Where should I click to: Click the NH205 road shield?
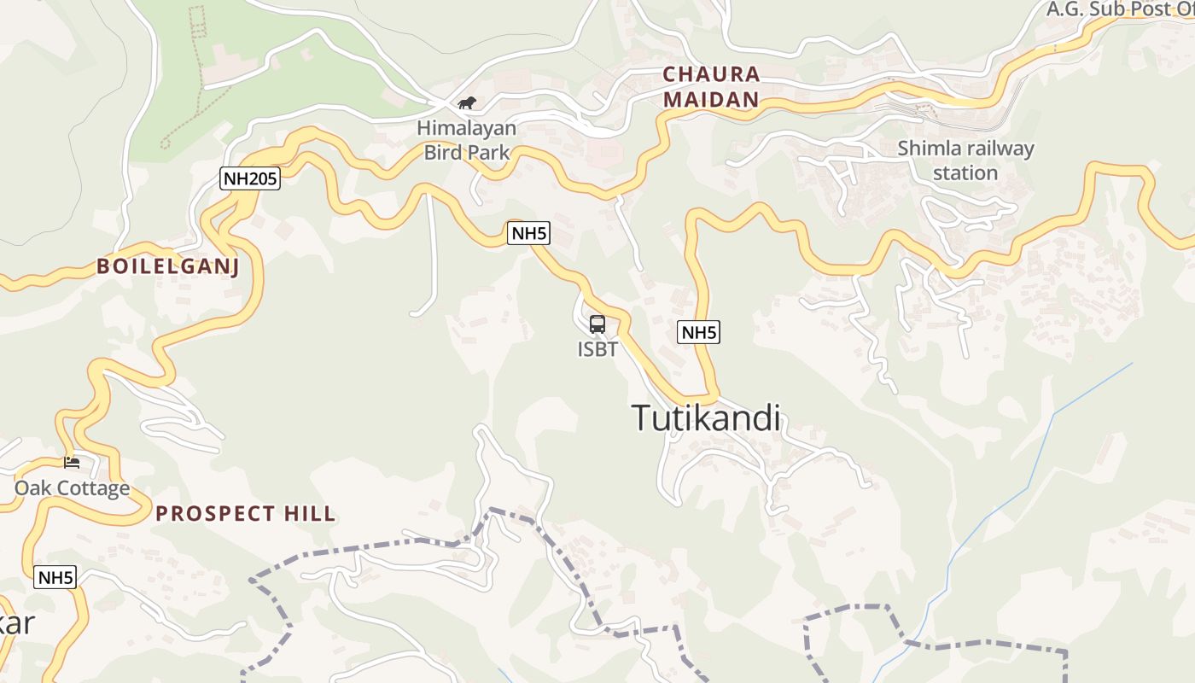[249, 178]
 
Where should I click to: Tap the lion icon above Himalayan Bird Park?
[466, 103]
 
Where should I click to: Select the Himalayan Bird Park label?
[467, 141]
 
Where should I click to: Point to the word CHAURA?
[711, 74]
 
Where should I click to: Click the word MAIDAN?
[711, 100]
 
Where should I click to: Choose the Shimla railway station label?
[965, 161]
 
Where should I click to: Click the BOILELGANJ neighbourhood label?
[168, 266]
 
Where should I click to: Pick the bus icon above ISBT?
[597, 324]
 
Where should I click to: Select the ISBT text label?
[597, 349]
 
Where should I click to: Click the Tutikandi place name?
[706, 418]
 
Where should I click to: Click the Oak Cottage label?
[72, 488]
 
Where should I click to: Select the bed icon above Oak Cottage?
[72, 463]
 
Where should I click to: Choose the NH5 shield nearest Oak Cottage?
[55, 577]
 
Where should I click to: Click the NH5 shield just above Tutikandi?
[698, 332]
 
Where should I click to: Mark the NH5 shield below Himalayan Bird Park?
[528, 233]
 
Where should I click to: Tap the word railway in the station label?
[1000, 149]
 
